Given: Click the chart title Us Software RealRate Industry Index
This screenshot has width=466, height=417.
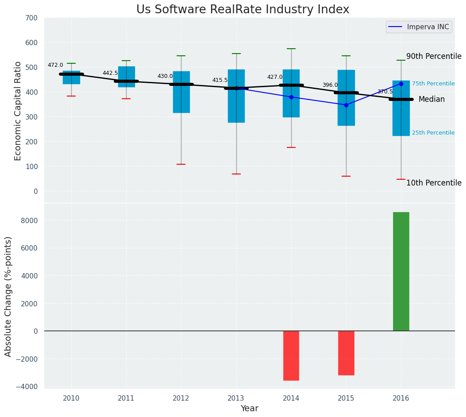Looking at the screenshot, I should click(x=243, y=10).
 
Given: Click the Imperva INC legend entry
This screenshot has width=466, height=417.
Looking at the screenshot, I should click(x=419, y=27).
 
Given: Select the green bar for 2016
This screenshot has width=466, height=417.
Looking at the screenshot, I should click(x=401, y=271).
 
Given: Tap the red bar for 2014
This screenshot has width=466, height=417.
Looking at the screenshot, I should click(x=291, y=355).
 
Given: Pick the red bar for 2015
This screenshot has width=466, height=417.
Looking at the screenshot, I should click(x=346, y=353).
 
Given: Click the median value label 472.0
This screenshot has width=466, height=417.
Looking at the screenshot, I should click(x=55, y=66).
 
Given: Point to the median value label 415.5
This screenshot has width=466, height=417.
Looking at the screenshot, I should click(x=220, y=81).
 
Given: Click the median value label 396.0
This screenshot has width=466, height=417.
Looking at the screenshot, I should click(x=330, y=85).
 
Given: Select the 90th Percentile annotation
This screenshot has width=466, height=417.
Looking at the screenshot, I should click(x=434, y=57).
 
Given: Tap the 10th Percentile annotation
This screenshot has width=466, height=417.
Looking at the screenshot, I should click(x=434, y=183).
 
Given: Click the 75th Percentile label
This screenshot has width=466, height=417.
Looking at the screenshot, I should click(x=433, y=84).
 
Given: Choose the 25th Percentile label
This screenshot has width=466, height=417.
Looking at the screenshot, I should click(x=433, y=133).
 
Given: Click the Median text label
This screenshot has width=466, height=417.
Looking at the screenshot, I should click(x=431, y=100).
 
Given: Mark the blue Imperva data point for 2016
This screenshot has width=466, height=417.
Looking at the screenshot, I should click(x=401, y=84).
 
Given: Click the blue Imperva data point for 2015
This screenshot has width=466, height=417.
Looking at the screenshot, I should click(x=346, y=105).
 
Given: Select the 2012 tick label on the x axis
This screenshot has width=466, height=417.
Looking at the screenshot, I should click(x=181, y=398).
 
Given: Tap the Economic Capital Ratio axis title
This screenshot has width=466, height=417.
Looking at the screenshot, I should click(x=18, y=111).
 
